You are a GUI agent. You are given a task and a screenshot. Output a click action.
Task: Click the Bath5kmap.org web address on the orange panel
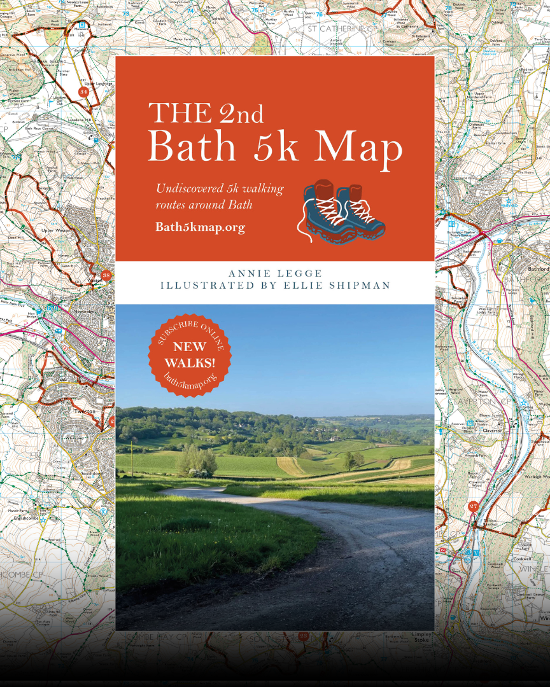(x=200, y=227)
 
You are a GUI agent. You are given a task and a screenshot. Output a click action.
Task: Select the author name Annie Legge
(x=275, y=274)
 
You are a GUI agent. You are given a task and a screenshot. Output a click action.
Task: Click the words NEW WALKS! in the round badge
(x=190, y=355)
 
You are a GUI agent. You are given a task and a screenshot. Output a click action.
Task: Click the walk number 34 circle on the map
(x=83, y=92)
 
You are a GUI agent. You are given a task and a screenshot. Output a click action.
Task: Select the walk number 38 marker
(x=106, y=275)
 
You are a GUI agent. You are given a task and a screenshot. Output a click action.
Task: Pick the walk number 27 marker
(x=472, y=507)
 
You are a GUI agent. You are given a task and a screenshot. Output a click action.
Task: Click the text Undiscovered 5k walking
(x=220, y=189)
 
